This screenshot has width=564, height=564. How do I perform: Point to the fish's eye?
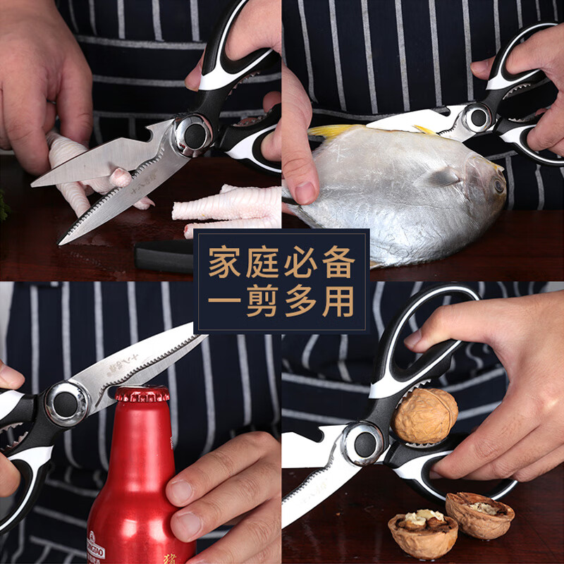pyautogui.click(x=499, y=185)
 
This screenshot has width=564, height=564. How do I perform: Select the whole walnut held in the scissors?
pyautogui.click(x=425, y=415)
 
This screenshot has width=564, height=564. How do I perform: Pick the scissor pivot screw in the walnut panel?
pyautogui.click(x=365, y=444)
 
